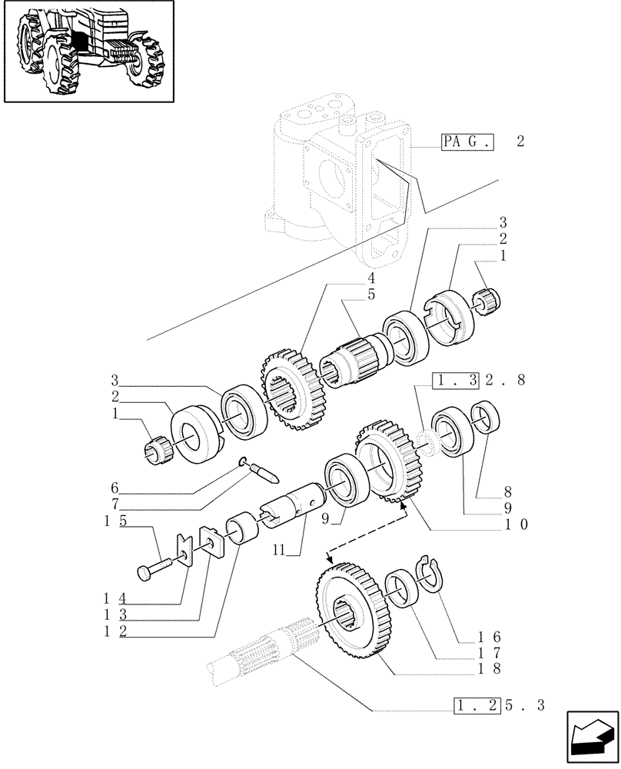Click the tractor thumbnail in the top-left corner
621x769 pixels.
tap(87, 52)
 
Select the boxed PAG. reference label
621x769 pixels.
tap(467, 142)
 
